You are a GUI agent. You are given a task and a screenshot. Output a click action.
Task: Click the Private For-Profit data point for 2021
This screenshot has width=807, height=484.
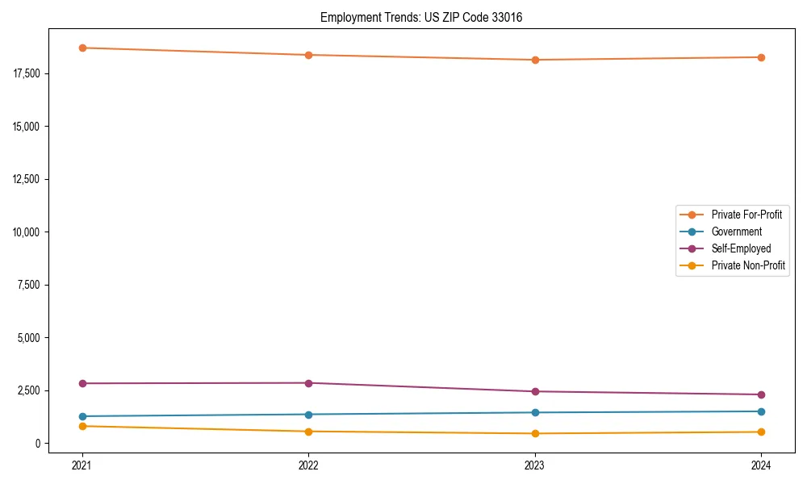(x=82, y=48)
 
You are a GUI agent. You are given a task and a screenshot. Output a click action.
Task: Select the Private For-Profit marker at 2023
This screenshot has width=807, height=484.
(x=535, y=60)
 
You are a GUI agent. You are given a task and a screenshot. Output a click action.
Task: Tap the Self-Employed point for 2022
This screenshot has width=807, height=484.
(x=308, y=383)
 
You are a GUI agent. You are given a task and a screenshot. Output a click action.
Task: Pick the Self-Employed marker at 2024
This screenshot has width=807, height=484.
(x=761, y=394)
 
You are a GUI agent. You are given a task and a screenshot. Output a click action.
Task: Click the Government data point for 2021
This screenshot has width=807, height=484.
(x=82, y=416)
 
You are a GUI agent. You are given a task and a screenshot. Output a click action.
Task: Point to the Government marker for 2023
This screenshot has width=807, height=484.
(x=535, y=412)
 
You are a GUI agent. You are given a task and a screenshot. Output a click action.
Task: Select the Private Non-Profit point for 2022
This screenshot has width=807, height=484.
(x=308, y=432)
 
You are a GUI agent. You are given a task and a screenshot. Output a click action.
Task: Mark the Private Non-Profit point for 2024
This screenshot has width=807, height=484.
(x=761, y=432)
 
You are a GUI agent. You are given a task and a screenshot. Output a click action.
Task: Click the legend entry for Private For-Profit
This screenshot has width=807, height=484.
(x=746, y=215)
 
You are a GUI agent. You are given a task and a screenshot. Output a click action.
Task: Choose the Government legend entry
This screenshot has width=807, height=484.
(x=736, y=232)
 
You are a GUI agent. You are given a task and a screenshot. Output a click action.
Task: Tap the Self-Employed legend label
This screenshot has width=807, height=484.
(x=741, y=248)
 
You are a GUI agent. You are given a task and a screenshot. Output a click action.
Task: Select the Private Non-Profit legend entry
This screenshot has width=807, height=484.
(x=748, y=265)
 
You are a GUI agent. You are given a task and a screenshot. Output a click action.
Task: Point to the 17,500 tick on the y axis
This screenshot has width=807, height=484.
(x=27, y=73)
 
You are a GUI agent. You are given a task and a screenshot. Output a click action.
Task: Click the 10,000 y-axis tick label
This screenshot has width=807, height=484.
(x=27, y=232)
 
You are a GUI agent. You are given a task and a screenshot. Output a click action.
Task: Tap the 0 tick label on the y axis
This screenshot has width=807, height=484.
(x=37, y=444)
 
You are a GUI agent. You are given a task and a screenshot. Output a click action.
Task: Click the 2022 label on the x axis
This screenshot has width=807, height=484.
(x=308, y=465)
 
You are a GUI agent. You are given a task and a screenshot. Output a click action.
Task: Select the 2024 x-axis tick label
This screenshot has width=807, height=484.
(x=761, y=465)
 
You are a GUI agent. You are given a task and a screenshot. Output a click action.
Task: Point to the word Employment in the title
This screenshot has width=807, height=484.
(x=346, y=17)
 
